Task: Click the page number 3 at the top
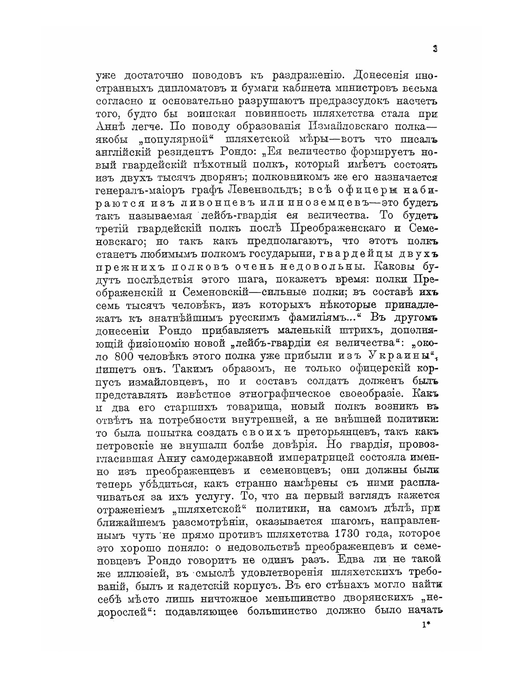tap(435, 49)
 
